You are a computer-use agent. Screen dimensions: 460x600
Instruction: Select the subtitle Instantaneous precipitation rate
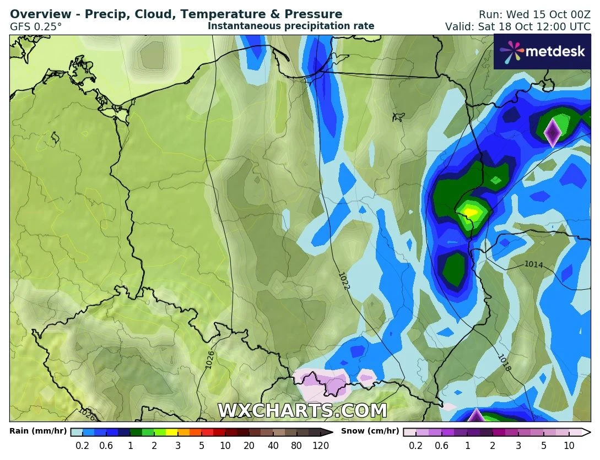pos(291,26)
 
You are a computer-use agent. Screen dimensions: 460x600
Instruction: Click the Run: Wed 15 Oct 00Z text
pos(533,14)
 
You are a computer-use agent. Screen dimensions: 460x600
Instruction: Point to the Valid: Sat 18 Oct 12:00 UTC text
pos(517,26)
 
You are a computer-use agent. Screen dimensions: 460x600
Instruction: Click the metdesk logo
pos(542,52)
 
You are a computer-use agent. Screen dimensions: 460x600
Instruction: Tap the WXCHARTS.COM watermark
pos(302,411)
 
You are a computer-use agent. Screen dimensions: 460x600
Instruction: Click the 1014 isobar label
pos(533,265)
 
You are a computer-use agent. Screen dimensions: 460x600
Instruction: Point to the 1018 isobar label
pos(504,362)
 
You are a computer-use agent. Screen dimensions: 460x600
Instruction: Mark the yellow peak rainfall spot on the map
pos(470,211)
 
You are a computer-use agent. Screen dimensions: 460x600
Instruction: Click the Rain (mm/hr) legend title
pos(38,431)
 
